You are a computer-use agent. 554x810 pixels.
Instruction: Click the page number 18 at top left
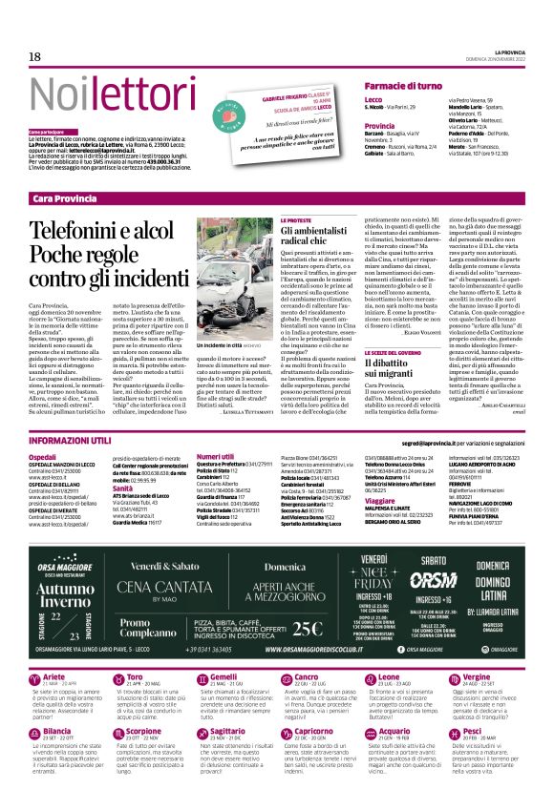[35, 57]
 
